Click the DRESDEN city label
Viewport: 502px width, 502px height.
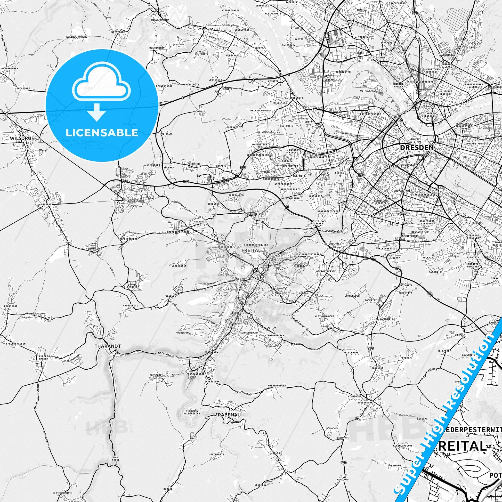click(x=417, y=147)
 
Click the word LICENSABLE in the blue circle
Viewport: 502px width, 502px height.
click(x=102, y=133)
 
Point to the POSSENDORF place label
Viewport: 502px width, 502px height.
click(x=365, y=402)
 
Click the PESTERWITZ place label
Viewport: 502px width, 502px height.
click(x=252, y=214)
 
